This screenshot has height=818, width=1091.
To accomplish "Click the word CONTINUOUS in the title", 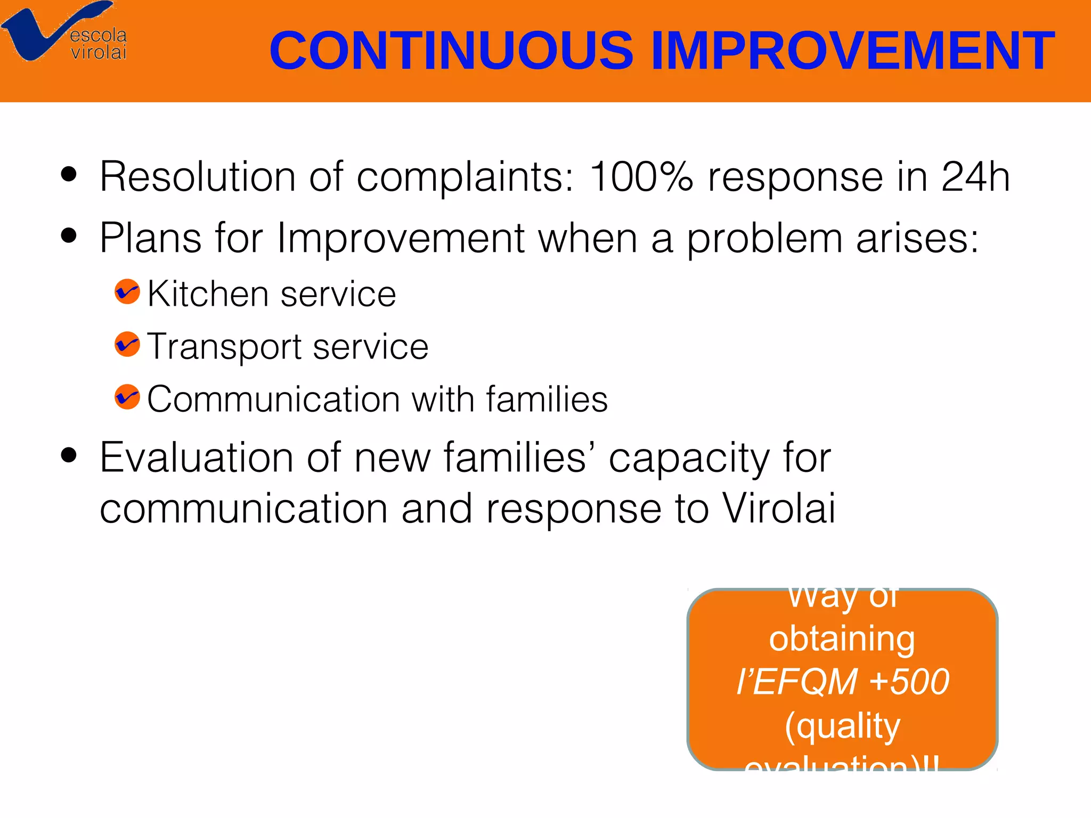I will [451, 51].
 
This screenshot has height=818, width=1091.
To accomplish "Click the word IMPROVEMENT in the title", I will [852, 51].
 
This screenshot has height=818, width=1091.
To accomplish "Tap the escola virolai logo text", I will [99, 44].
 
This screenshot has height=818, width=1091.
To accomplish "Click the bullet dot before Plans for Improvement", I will [69, 235].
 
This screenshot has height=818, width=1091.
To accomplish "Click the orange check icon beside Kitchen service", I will [127, 292].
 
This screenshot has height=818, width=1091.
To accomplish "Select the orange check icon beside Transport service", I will [127, 344].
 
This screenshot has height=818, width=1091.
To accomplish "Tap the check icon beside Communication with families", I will [127, 397].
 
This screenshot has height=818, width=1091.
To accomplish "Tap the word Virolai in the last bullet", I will [779, 508].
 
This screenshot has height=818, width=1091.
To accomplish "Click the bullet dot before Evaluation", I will [69, 455].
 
